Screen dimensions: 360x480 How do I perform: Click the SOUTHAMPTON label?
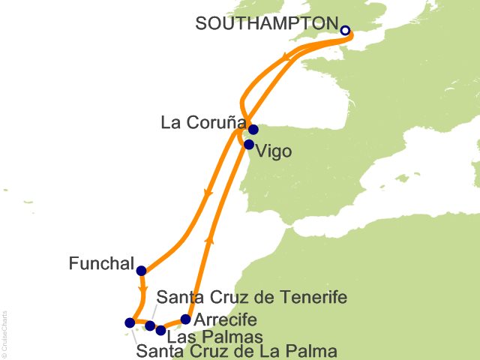(x=265, y=23)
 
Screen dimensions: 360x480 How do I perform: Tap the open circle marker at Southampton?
(x=345, y=31)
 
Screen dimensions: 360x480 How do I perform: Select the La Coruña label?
(x=200, y=121)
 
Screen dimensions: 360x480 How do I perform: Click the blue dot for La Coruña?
(x=253, y=129)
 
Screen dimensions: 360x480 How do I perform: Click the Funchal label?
(x=100, y=264)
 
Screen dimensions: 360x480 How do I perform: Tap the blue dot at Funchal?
(x=141, y=271)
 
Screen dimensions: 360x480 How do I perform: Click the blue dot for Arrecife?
(x=186, y=319)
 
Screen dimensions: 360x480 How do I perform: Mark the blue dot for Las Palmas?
(x=160, y=330)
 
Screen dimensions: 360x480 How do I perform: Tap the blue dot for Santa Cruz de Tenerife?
(x=150, y=325)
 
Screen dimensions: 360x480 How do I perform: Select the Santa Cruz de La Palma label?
(x=237, y=350)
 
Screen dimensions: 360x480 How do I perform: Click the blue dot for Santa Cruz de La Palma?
(x=129, y=323)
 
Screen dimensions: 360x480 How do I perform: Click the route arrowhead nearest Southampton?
(x=286, y=58)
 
